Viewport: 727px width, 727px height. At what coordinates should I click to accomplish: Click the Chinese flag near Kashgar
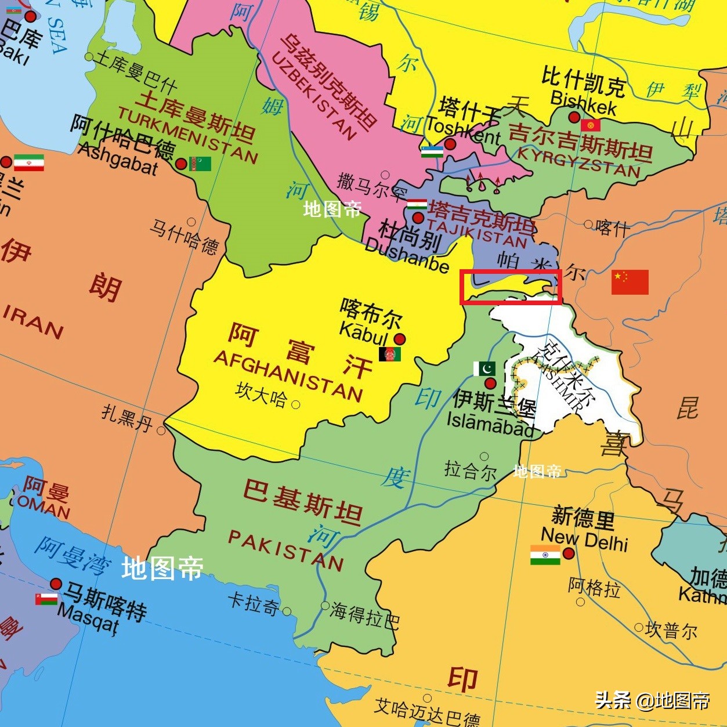[630, 282]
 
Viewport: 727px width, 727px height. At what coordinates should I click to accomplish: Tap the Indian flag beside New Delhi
[545, 555]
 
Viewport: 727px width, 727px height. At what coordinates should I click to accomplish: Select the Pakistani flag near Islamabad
[484, 368]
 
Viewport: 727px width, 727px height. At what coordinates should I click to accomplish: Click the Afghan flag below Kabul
[390, 354]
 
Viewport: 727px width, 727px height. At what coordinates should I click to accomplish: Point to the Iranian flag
[28, 162]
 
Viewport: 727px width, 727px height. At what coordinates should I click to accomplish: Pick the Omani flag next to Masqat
[46, 598]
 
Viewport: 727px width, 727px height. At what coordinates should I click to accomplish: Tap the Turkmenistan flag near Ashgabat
[200, 164]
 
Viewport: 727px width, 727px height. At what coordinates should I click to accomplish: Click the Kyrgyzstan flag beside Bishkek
[591, 125]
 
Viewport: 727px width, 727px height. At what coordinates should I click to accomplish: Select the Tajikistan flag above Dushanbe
[417, 204]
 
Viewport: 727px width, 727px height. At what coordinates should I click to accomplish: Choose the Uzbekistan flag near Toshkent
[432, 151]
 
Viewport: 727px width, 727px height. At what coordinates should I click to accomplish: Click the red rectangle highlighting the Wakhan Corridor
[511, 287]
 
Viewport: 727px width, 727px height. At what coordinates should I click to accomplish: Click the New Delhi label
[585, 539]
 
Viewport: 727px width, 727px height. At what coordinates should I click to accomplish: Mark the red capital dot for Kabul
[400, 339]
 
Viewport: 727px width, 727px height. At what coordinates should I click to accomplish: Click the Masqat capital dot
[56, 583]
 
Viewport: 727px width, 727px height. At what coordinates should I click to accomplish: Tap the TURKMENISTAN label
[187, 135]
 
